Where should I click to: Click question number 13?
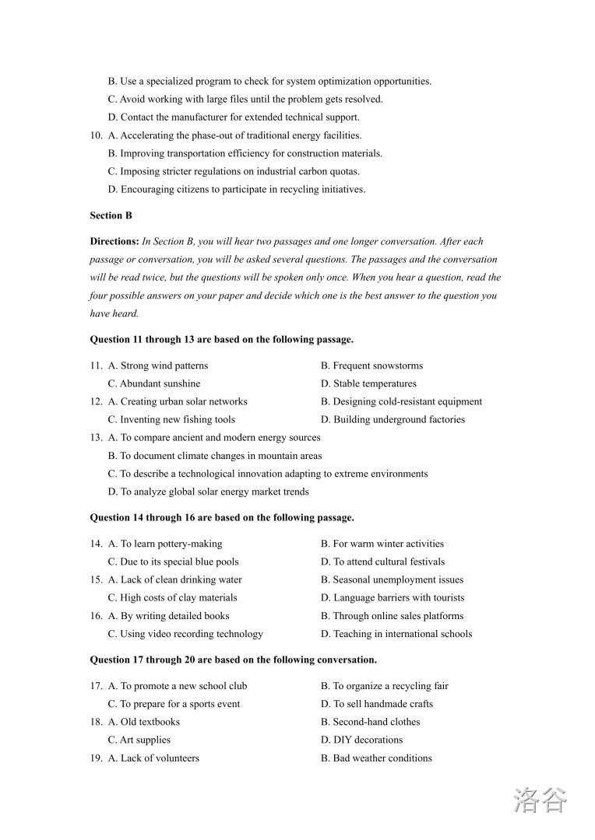(x=96, y=437)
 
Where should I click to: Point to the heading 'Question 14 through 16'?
(x=222, y=517)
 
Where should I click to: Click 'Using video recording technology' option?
(x=192, y=634)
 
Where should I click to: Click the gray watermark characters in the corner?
(x=540, y=800)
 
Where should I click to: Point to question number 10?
(x=96, y=135)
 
